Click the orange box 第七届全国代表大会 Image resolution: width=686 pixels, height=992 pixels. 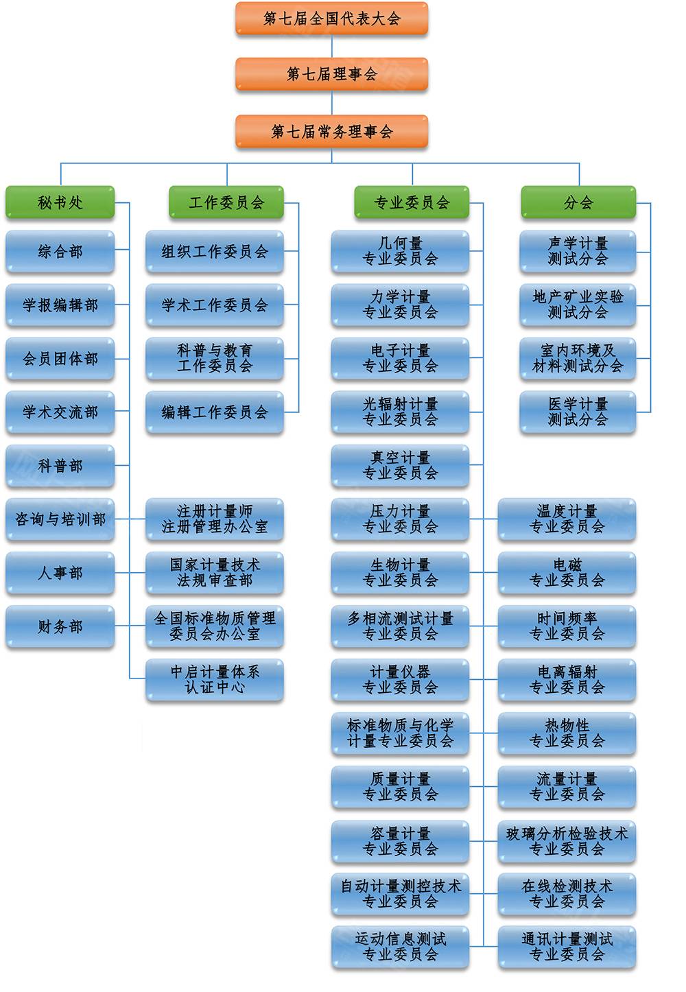pos(331,19)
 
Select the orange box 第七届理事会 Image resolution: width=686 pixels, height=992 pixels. pos(331,74)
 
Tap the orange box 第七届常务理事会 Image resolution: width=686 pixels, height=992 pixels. pos(331,131)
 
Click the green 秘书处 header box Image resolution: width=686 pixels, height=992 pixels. pos(60,202)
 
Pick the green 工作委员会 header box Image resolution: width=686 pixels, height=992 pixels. pos(226,202)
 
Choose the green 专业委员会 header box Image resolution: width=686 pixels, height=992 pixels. pos(412,202)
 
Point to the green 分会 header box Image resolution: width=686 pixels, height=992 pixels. pos(578,202)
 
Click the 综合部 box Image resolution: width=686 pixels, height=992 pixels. pos(60,252)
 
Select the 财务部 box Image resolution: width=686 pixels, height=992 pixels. pos(60,626)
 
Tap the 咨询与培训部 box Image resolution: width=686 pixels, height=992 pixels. pos(60,519)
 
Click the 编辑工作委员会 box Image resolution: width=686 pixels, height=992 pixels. pos(215,412)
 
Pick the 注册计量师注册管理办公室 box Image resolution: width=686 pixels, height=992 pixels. pos(215,519)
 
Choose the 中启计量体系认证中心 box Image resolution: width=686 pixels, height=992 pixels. pos(215,680)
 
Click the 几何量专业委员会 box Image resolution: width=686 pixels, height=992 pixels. pos(400,252)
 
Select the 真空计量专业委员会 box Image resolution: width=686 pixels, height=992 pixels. pos(400,466)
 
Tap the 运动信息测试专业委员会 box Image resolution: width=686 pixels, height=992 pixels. pos(400,947)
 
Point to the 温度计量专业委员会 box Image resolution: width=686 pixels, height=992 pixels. pos(567,519)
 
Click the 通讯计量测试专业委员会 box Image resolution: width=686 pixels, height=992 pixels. pos(567,947)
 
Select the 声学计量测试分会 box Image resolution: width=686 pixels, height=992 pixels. pos(578,252)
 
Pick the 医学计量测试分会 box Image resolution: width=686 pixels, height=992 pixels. pos(578,412)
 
